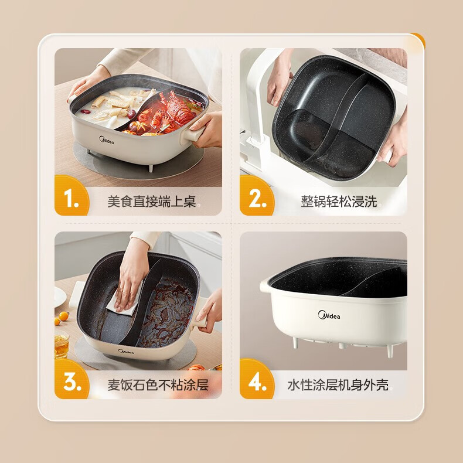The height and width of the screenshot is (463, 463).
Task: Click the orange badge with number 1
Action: coord(72,196)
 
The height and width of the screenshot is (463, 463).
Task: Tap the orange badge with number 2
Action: coord(257,196)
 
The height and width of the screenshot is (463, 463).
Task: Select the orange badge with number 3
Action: coord(72,379)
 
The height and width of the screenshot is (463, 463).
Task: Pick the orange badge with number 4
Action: coord(257,379)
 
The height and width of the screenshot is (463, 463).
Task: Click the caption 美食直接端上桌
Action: coord(151,202)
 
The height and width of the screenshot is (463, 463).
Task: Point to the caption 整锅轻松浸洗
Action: coord(339,202)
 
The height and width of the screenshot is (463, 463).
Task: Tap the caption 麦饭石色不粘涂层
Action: coord(158,385)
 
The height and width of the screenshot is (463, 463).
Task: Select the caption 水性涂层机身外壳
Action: coord(338,385)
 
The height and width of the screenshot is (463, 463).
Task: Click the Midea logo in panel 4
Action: coord(329,315)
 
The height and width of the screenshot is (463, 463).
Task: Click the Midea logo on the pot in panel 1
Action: coord(106,140)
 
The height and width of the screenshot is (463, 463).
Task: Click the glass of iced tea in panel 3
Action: coord(62,345)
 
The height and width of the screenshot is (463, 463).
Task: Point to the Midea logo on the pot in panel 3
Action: coord(126,352)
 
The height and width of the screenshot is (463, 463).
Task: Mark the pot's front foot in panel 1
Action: coord(151,168)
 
